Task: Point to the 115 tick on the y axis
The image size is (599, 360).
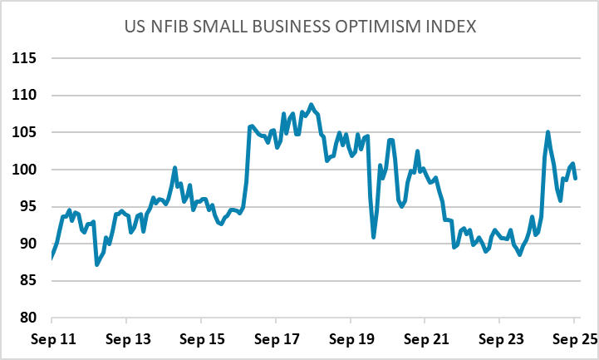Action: pyautogui.click(x=26, y=59)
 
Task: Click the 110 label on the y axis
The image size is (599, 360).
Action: pyautogui.click(x=26, y=96)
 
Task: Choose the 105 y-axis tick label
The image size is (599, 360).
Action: pyautogui.click(x=26, y=133)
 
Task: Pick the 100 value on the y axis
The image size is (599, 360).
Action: pyautogui.click(x=26, y=170)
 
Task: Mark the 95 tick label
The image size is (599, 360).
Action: pyautogui.click(x=29, y=207)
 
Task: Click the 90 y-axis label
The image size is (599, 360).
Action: pyautogui.click(x=29, y=244)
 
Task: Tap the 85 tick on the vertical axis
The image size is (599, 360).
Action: pyautogui.click(x=29, y=281)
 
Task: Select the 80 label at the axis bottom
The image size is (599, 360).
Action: pyautogui.click(x=29, y=318)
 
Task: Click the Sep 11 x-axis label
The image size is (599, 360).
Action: pyautogui.click(x=52, y=341)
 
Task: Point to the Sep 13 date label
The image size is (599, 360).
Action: pyautogui.click(x=126, y=341)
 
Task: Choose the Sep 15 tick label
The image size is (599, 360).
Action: pyautogui.click(x=201, y=341)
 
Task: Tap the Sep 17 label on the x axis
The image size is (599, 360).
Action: pyautogui.click(x=276, y=341)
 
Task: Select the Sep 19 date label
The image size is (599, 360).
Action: pyautogui.click(x=351, y=341)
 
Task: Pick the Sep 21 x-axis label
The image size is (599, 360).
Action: pyautogui.click(x=425, y=341)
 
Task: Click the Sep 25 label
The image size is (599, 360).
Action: pyautogui.click(x=574, y=341)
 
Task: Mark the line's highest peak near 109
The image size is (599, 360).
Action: pyautogui.click(x=312, y=105)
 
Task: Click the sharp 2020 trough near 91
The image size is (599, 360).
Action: pyautogui.click(x=374, y=237)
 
